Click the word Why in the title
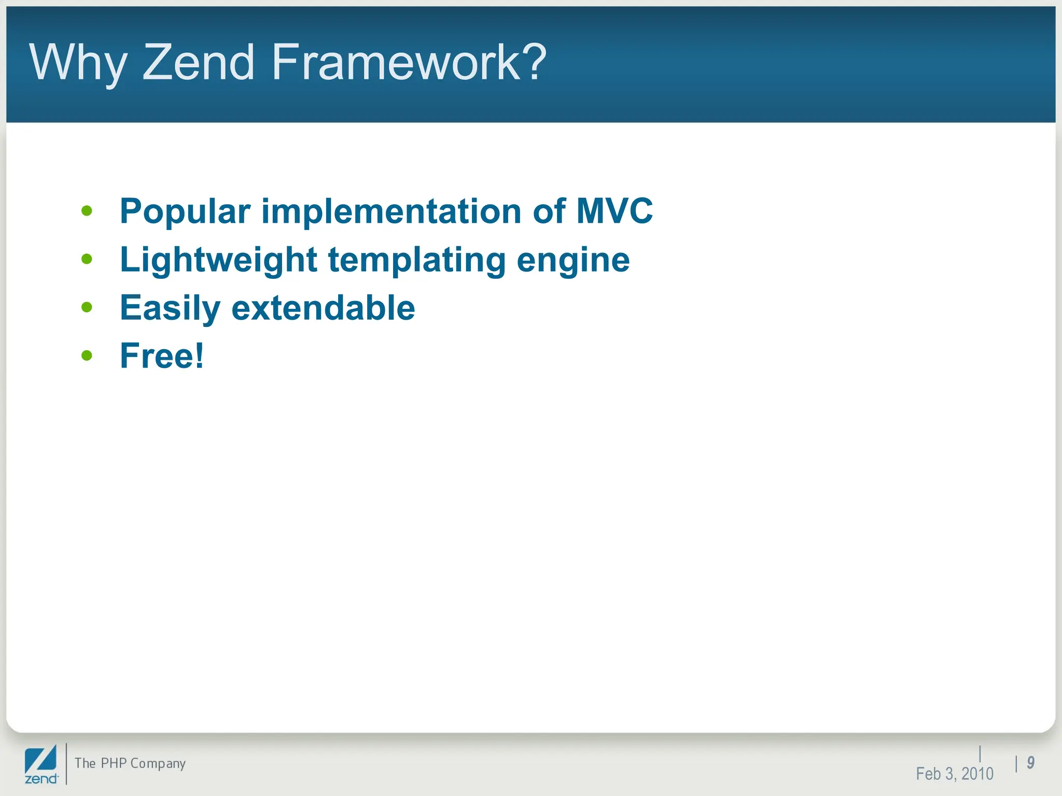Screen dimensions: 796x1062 78,63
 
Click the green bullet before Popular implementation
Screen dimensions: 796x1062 87,211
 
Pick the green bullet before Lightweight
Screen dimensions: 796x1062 87,259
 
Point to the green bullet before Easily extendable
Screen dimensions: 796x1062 87,307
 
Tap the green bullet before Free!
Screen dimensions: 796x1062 87,356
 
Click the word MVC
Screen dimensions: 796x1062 614,211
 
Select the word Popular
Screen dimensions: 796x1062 185,212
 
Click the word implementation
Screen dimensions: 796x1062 391,212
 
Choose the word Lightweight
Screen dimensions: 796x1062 218,260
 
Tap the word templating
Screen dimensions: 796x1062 417,260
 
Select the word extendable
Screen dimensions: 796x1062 323,308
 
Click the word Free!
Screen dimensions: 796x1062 162,356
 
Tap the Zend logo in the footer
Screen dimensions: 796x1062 41,764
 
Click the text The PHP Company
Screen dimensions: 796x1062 130,763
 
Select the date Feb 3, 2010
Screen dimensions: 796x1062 954,774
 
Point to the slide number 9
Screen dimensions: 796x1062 1030,762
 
